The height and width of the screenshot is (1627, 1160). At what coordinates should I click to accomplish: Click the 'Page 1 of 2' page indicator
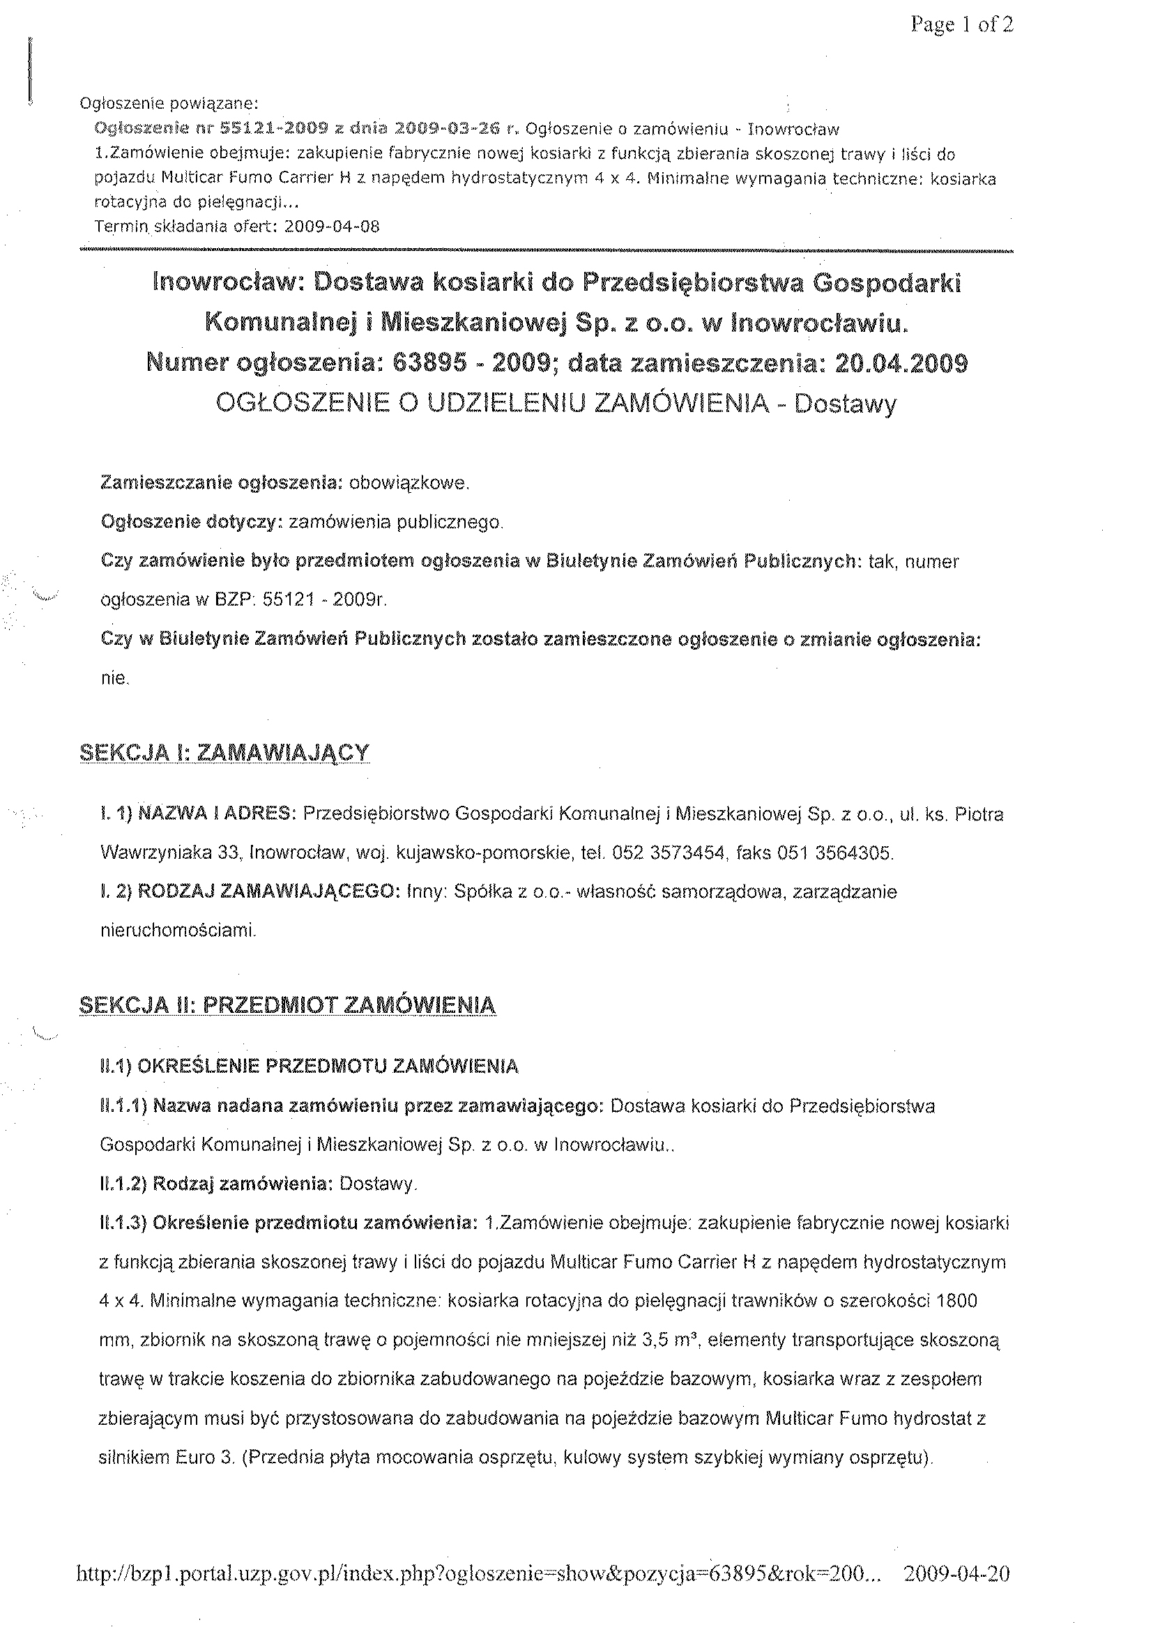coord(961,26)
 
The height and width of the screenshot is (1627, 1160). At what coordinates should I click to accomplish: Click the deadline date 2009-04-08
coord(331,227)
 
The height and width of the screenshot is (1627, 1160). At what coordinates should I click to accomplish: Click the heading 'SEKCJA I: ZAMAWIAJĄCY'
coord(225,752)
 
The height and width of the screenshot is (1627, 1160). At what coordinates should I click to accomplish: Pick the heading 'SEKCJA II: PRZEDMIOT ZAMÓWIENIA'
coord(287,1005)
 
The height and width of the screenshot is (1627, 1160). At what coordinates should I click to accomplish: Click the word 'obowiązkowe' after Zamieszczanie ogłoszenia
coord(409,484)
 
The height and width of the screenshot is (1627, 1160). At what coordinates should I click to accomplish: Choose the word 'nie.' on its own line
coord(115,679)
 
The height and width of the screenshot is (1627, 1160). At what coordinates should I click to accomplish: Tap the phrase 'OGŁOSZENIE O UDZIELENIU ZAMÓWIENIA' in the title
coord(492,404)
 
